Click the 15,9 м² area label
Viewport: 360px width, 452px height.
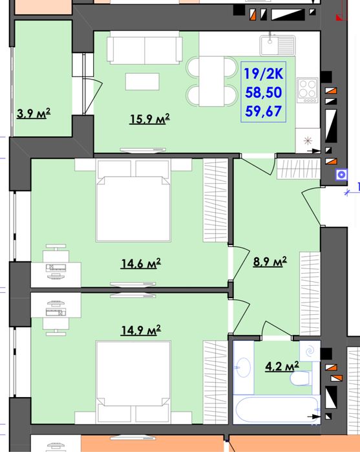(x=149, y=119)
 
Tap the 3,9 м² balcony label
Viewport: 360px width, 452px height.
(x=34, y=113)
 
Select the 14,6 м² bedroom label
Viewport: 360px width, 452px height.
(x=141, y=263)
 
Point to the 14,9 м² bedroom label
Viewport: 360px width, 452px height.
(x=141, y=330)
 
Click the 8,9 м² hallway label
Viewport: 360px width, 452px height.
(x=270, y=261)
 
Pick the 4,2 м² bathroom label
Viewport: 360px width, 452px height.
(x=282, y=367)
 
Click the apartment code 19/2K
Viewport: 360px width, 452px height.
(x=264, y=74)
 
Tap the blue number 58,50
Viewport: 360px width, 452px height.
(x=264, y=92)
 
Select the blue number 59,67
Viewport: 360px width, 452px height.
(x=264, y=111)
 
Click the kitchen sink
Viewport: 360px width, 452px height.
(x=278, y=45)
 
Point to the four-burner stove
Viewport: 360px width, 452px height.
(x=308, y=91)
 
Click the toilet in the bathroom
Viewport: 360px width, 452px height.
(x=301, y=378)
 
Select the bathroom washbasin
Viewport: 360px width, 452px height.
(x=242, y=367)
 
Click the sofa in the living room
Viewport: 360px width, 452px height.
(x=145, y=48)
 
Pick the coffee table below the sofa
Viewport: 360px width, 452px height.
(x=142, y=81)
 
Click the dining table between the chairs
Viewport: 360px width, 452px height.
(x=211, y=81)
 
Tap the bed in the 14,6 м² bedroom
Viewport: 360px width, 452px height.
(x=133, y=200)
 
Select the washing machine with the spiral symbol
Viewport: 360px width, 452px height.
(x=310, y=351)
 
